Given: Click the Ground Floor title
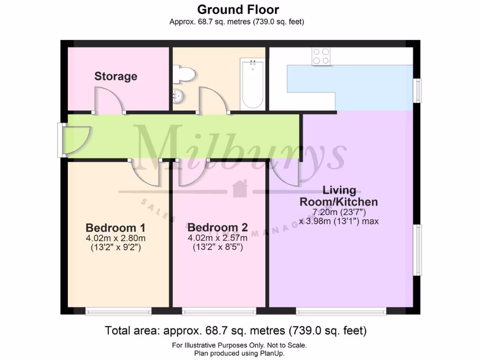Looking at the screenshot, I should click(238, 9).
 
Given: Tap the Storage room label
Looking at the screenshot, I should click(116, 76).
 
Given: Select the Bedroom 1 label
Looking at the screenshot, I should click(115, 228).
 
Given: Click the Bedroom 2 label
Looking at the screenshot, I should click(217, 228).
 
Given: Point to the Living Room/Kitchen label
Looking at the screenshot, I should click(339, 196).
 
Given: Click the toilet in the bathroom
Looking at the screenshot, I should click(184, 74).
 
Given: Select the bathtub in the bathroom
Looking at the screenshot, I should click(253, 83).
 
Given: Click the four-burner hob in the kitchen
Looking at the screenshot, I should click(321, 56).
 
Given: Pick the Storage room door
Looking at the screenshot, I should click(109, 100).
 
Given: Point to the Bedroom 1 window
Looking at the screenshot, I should click(118, 311).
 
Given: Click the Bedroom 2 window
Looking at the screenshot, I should click(219, 311).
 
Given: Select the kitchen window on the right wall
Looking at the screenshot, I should click(418, 90).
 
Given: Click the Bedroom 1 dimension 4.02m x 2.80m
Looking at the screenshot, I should click(115, 238).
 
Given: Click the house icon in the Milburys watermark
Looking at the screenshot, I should click(240, 188).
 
